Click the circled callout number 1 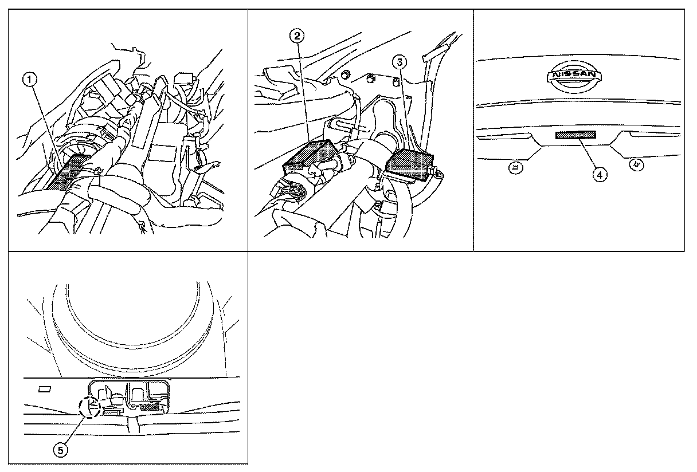pos(30,80)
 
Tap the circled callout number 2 pos(297,36)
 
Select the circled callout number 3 pos(400,62)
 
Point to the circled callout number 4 pos(600,175)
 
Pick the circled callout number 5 pos(61,450)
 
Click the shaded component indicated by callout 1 pos(69,172)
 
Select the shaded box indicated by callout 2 pos(309,155)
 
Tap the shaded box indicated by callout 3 pos(409,165)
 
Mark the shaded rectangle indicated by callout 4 pos(575,135)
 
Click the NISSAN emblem pos(574,77)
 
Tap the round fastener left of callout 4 pos(516,168)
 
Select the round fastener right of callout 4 pos(637,164)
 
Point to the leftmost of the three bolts pos(345,74)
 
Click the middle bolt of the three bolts pos(370,78)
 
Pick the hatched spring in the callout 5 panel pos(150,408)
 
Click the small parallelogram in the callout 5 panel pos(45,389)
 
